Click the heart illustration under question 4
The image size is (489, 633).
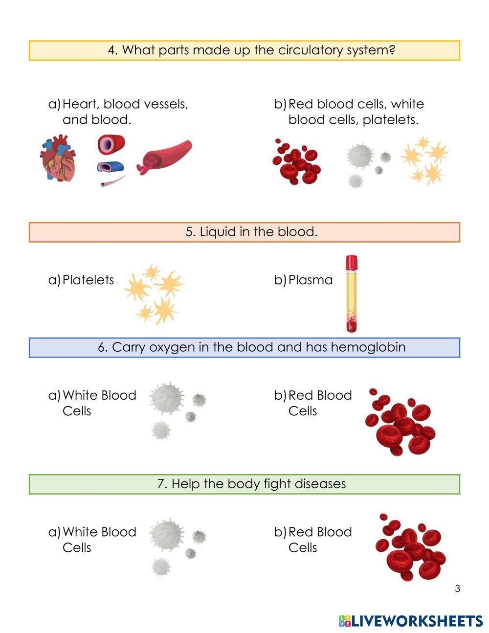[58, 158]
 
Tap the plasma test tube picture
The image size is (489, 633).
[351, 294]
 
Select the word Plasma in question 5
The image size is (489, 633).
[310, 280]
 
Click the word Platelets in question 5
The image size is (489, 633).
[88, 280]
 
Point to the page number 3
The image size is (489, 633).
[457, 588]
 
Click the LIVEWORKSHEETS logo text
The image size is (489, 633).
[417, 621]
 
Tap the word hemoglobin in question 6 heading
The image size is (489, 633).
[368, 347]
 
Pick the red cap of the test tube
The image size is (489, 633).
[351, 263]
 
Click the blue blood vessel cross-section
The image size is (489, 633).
[111, 167]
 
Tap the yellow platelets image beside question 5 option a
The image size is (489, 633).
[154, 294]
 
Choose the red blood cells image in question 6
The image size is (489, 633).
[400, 422]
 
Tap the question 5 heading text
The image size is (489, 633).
[251, 232]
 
